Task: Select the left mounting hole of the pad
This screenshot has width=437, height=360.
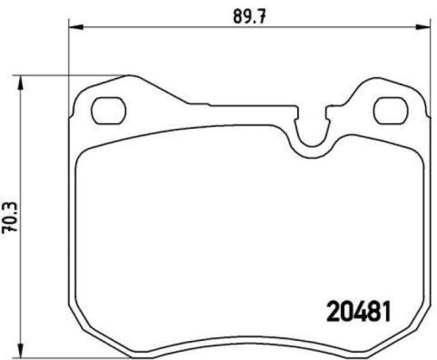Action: pyautogui.click(x=106, y=110)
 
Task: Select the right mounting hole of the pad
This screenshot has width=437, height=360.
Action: pyautogui.click(x=389, y=109)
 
